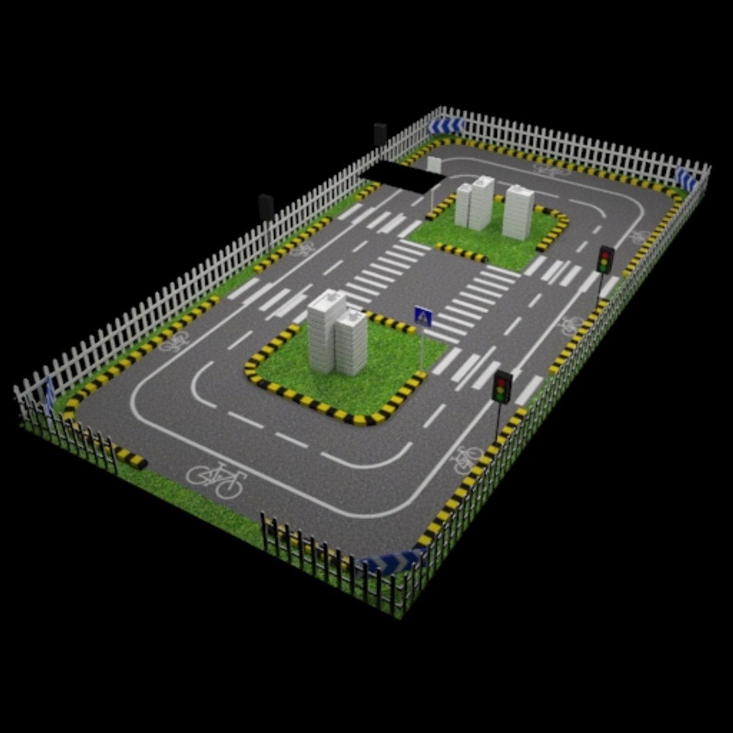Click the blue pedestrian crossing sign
423,316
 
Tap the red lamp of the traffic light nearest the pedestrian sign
502,380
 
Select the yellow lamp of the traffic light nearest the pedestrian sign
502,388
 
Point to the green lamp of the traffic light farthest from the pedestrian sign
604,269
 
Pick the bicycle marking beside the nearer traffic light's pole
467,459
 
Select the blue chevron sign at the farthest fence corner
446,126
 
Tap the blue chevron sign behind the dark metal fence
392,562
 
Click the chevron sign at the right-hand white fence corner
686,180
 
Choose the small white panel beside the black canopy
434,164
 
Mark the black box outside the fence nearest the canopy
380,134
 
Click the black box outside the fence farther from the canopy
266,206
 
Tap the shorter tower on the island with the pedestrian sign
352,343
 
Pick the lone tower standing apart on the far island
519,212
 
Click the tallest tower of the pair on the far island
482,202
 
